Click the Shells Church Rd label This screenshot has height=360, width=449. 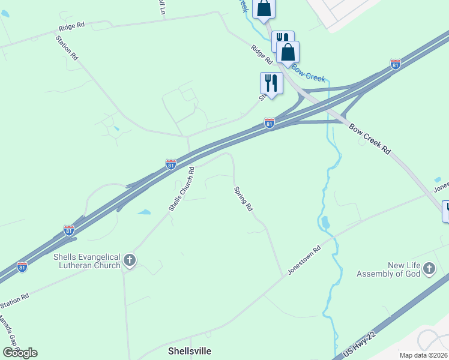[181, 188]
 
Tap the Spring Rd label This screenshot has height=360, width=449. [243, 199]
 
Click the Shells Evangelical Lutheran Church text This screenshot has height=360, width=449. [87, 261]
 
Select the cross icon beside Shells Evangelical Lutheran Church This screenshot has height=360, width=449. [130, 260]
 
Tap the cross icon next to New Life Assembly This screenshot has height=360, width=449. [429, 269]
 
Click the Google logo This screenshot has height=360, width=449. [20, 352]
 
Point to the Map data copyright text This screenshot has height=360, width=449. [424, 355]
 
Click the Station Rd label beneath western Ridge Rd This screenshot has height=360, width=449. [67, 47]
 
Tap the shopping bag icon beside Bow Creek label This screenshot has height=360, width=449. [288, 53]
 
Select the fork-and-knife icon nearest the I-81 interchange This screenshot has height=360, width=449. [271, 83]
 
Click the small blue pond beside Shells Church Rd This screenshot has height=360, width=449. [144, 212]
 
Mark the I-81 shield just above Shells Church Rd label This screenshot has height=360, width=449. [171, 164]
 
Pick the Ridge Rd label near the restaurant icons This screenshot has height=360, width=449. [262, 55]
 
